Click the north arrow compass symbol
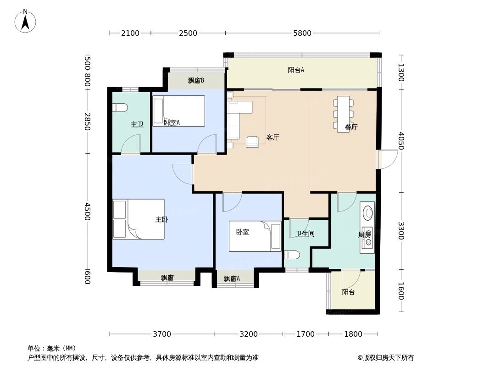[26, 21]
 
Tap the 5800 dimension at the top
[302, 33]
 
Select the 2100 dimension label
[130, 33]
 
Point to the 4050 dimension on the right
[401, 140]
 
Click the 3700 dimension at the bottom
[161, 334]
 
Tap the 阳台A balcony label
[296, 70]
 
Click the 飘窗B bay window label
[196, 81]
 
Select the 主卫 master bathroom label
[137, 124]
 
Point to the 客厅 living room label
[273, 137]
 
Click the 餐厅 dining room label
[351, 128]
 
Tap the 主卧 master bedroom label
[161, 220]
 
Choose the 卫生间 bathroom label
[305, 234]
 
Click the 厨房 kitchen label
[364, 234]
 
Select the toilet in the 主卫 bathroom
[119, 108]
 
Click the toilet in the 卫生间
[292, 255]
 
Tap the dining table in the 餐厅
[343, 114]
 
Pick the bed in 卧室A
[179, 111]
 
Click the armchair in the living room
[252, 142]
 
